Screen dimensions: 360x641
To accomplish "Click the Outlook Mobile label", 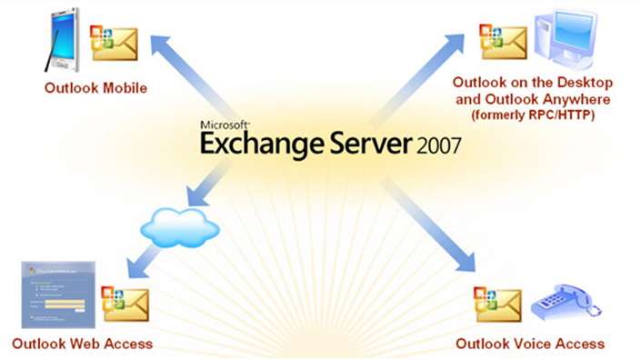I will [x=95, y=88].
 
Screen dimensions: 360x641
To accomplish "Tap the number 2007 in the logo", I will [x=435, y=145].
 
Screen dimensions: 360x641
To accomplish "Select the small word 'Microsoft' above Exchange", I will [x=225, y=125].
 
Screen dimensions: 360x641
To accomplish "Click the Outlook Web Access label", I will [x=82, y=344].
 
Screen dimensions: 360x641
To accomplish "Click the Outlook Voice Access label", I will [x=530, y=344].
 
